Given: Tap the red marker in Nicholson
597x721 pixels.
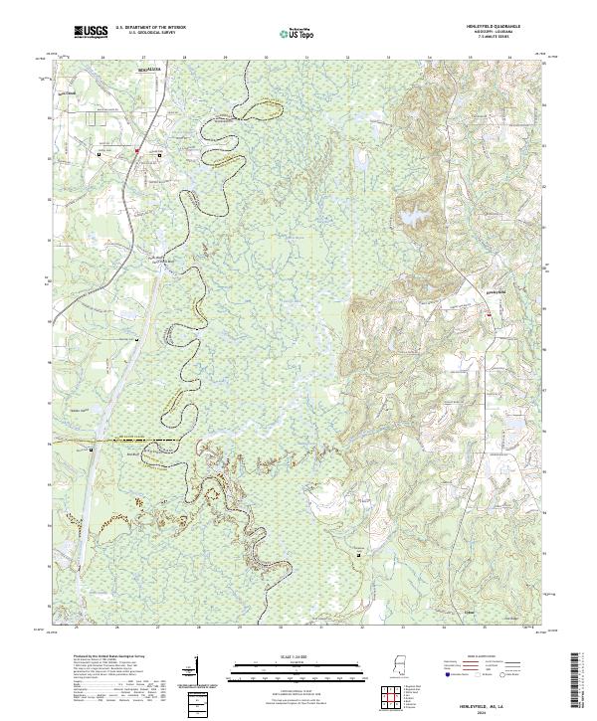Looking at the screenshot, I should pos(136,150).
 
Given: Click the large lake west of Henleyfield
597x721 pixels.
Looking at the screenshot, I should pos(410,219).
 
